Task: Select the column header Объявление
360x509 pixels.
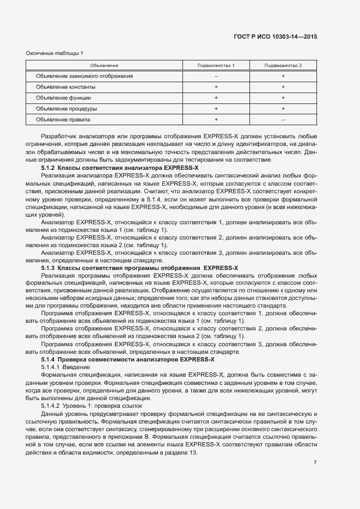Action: (x=104, y=65)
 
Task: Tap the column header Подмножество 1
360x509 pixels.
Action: (x=216, y=65)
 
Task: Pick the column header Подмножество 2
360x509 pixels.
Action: (x=283, y=65)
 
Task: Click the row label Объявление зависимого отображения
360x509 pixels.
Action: (x=84, y=76)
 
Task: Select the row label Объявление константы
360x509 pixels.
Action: (x=66, y=87)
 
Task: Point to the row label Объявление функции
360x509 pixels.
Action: (x=64, y=98)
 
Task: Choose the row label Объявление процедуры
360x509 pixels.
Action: (x=66, y=108)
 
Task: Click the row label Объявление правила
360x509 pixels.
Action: (x=63, y=119)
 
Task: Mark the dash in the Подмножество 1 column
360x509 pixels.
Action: (x=216, y=76)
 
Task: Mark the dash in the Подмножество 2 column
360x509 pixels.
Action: (x=283, y=119)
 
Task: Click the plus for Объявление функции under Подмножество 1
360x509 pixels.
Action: (x=216, y=98)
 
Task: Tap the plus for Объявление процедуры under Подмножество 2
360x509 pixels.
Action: (x=283, y=108)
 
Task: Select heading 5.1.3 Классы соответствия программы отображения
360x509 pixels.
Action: (x=139, y=268)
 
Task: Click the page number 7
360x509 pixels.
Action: (x=315, y=463)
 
